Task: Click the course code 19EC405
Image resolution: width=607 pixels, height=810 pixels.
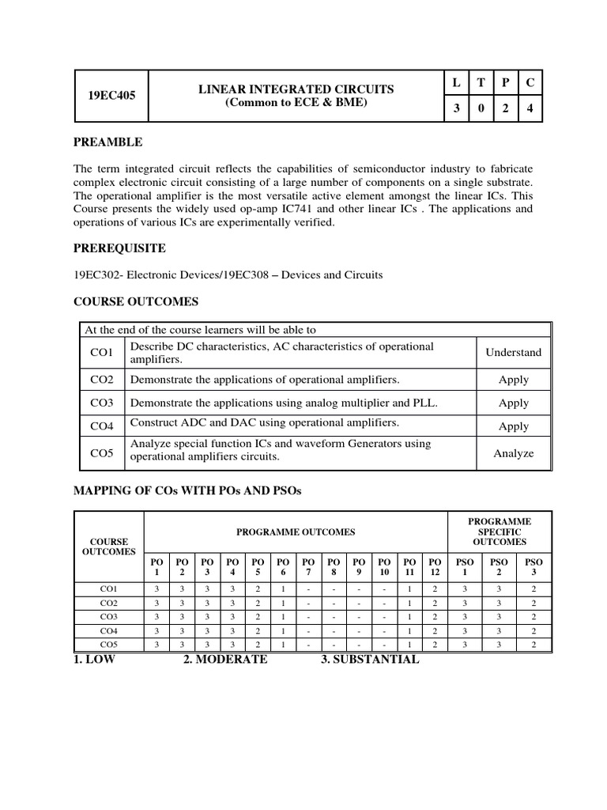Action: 111,95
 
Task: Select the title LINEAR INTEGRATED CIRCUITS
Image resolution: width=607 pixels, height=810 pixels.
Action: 296,89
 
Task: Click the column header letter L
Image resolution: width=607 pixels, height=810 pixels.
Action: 456,83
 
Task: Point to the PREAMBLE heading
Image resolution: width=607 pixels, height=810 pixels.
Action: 108,142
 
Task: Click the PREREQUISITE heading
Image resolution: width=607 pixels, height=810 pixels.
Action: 119,248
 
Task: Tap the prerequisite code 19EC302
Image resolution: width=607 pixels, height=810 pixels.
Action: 97,275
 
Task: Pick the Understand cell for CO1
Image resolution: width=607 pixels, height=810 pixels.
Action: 513,353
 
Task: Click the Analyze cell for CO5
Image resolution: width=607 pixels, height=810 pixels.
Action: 513,453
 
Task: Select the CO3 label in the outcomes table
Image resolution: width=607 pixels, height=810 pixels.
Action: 102,403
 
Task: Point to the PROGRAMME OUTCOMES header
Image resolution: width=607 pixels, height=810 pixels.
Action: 296,532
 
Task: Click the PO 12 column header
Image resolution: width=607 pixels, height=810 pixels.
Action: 435,566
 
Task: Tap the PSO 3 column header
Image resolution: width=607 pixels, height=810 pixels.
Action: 533,566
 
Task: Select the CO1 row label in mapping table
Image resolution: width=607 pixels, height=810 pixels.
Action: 109,589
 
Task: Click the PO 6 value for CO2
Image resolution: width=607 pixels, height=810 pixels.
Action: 282,603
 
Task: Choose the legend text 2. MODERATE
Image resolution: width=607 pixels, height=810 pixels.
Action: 225,660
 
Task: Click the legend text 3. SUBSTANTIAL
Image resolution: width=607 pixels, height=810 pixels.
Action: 370,660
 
